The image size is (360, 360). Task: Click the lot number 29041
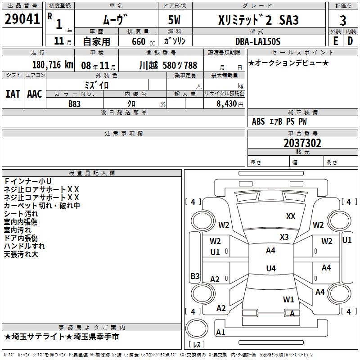click(22, 19)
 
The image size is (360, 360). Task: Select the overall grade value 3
click(343, 21)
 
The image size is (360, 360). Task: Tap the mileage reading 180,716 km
click(53, 65)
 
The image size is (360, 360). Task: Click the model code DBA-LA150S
click(258, 41)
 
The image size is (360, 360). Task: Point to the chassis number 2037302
click(302, 143)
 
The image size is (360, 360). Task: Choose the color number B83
click(74, 104)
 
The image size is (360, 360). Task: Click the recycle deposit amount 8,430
click(226, 103)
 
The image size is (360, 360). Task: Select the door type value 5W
click(174, 20)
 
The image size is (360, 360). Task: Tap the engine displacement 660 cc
click(143, 41)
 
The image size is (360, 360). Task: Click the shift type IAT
click(13, 94)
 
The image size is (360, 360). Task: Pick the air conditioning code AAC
click(35, 94)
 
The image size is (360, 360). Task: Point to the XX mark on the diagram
click(291, 216)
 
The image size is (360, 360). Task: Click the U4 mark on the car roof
click(271, 268)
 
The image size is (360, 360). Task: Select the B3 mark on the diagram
click(195, 276)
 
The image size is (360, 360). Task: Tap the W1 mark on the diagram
click(288, 299)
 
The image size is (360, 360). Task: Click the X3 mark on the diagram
click(284, 237)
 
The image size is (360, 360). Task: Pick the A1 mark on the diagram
click(220, 332)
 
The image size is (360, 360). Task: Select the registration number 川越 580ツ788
click(168, 65)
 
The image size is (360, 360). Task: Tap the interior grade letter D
click(350, 41)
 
